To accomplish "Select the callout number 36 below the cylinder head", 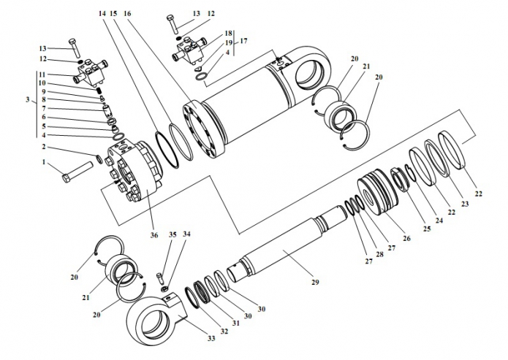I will pos(154,235).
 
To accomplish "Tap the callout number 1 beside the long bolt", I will pos(44,162).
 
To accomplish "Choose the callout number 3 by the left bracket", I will pos(28,101).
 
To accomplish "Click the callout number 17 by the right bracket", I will pos(243,42).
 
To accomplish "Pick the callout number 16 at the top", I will pos(127,13).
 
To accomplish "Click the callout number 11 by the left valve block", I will pos(43,75).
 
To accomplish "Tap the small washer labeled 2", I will pos(99,159).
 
